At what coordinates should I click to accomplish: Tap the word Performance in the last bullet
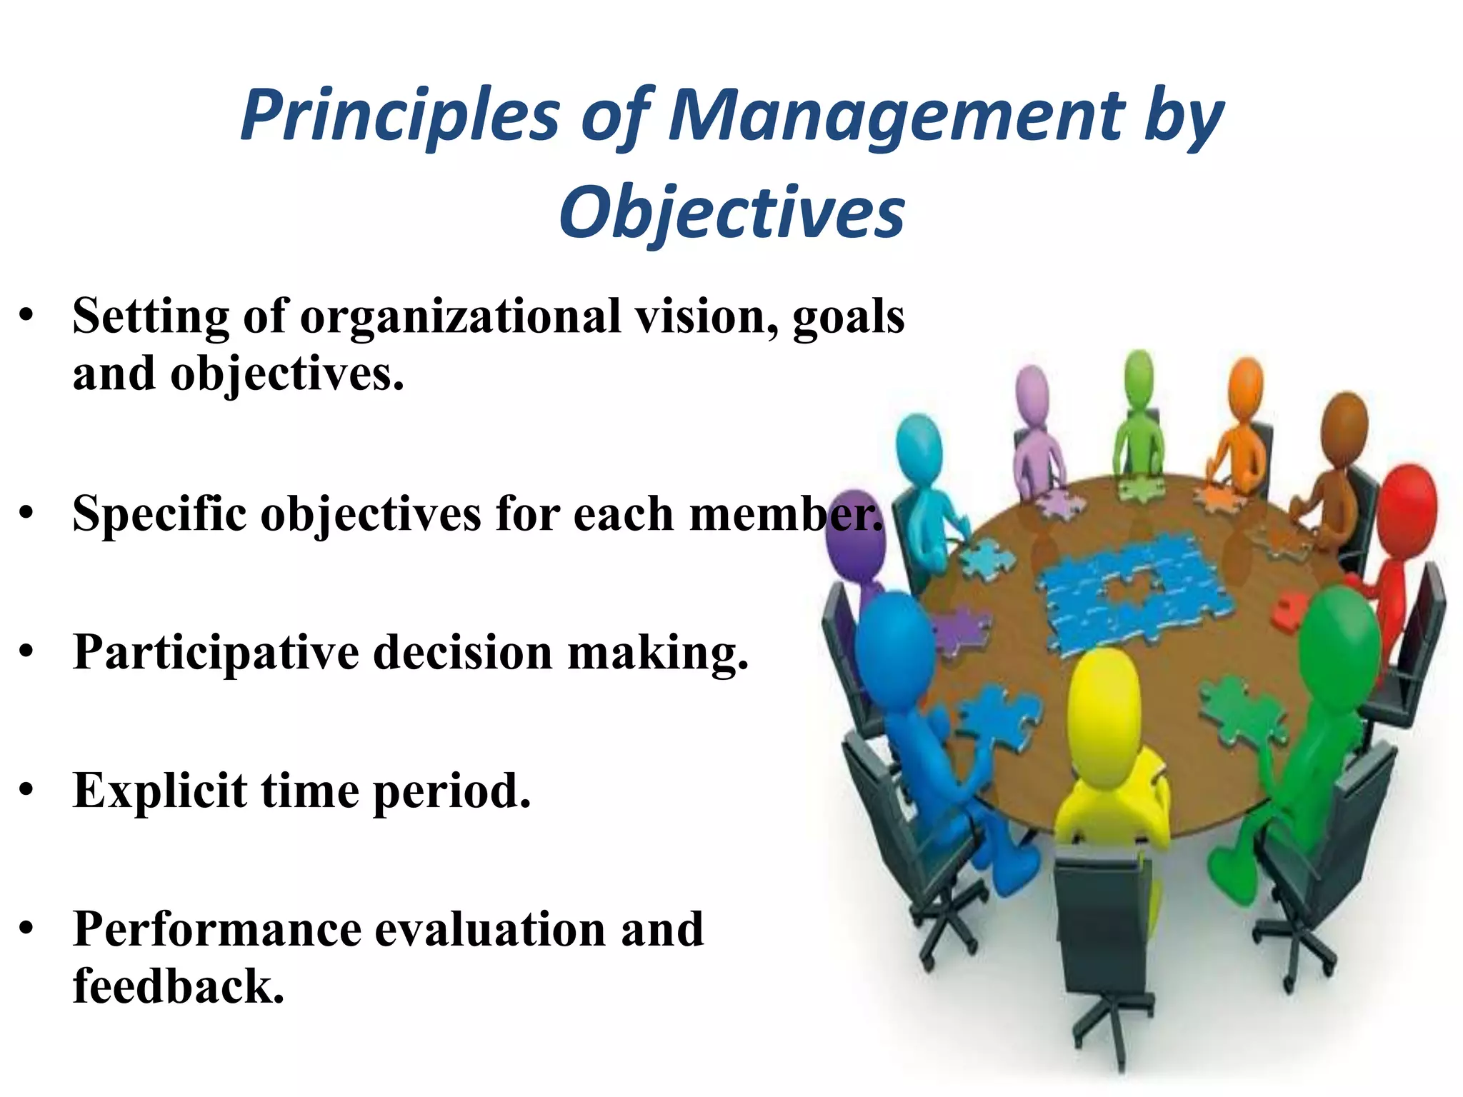pos(217,929)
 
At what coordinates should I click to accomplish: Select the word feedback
pos(179,986)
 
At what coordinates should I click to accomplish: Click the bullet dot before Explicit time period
pos(26,791)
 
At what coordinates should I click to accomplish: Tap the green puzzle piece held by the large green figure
pos(1243,707)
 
